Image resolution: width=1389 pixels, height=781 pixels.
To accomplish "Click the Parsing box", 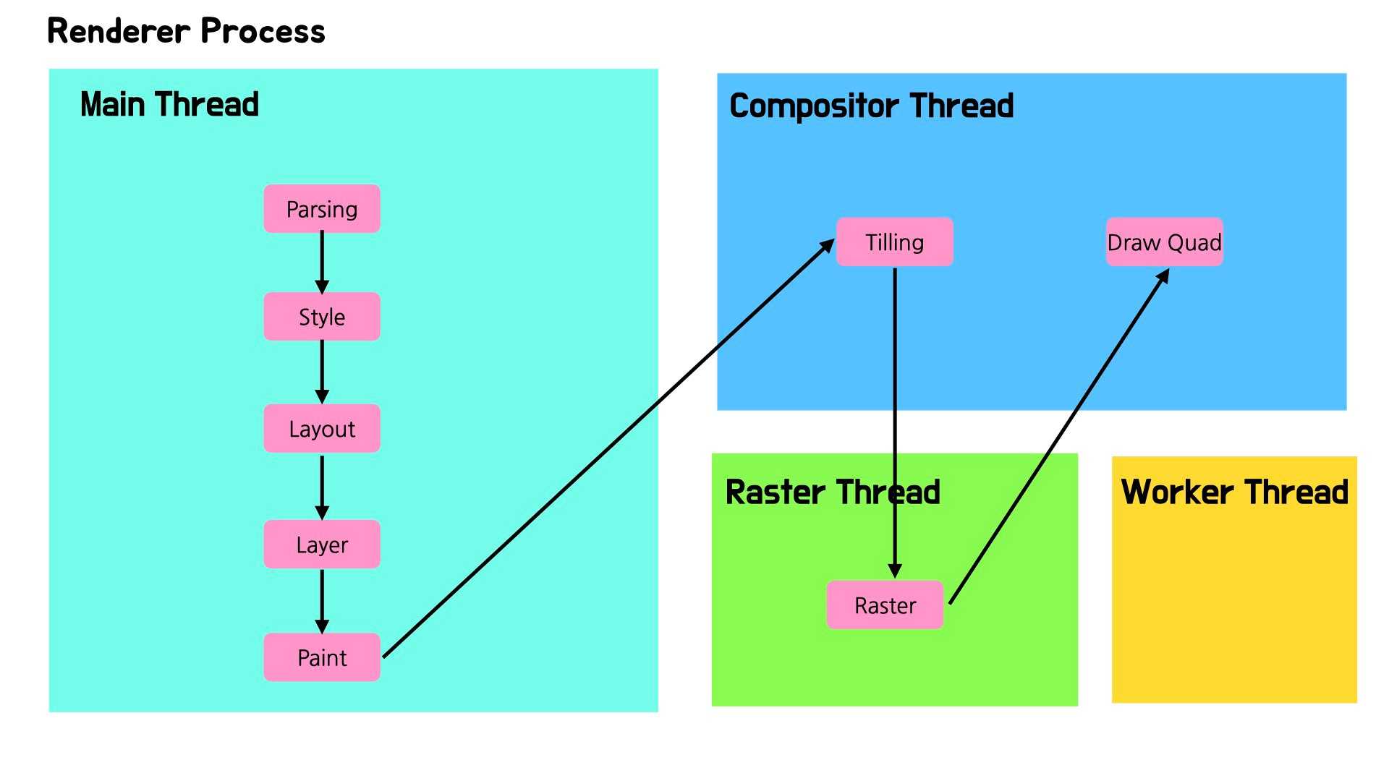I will pyautogui.click(x=322, y=209).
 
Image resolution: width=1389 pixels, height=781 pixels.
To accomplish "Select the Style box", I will pyautogui.click(x=322, y=317).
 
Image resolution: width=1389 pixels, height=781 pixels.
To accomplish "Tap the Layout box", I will pyautogui.click(x=322, y=429).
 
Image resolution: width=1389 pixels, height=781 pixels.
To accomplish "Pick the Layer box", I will pyautogui.click(x=322, y=545).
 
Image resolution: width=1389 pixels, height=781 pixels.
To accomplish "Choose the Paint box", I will pyautogui.click(x=322, y=657).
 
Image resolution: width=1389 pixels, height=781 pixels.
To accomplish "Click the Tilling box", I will pyautogui.click(x=895, y=242).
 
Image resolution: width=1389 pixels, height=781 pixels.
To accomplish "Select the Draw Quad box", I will pyautogui.click(x=1164, y=242).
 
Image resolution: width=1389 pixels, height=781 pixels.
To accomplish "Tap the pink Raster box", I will pyautogui.click(x=885, y=605).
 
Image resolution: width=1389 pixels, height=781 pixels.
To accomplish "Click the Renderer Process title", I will pyautogui.click(x=186, y=31).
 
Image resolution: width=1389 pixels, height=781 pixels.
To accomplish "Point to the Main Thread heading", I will pyautogui.click(x=169, y=104).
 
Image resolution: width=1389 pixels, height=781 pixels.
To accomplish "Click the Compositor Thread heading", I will pyautogui.click(x=871, y=106).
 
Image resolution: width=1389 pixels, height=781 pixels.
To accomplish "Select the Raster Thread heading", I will pyautogui.click(x=832, y=492).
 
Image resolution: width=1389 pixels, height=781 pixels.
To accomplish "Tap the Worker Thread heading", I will pyautogui.click(x=1234, y=492).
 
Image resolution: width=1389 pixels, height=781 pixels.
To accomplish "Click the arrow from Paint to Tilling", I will pyautogui.click(x=608, y=449).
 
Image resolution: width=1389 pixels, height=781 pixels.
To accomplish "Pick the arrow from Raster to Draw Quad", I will pyautogui.click(x=1058, y=438).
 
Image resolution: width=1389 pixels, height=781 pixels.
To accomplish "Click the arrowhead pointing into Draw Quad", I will pyautogui.click(x=1163, y=276).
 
